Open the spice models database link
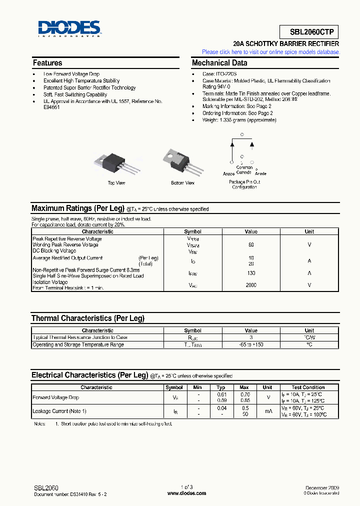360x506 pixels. (x=270, y=52)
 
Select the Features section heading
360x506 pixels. (x=47, y=63)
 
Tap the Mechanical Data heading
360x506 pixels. (x=219, y=63)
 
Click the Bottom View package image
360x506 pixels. (x=182, y=161)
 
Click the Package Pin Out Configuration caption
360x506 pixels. (x=244, y=184)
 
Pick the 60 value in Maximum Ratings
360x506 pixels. (x=251, y=245)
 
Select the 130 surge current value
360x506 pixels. (x=251, y=273)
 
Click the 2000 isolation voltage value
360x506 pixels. (x=251, y=285)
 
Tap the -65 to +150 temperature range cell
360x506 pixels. (x=251, y=344)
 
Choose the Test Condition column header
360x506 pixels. (x=308, y=387)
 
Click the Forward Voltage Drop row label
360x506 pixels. (x=55, y=397)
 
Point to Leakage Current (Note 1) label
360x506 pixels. (x=59, y=411)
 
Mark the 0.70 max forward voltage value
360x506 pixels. (x=244, y=394)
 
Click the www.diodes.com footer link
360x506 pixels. (x=186, y=493)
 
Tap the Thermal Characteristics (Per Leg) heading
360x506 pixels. (x=88, y=318)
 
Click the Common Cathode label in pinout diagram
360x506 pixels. (x=244, y=170)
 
